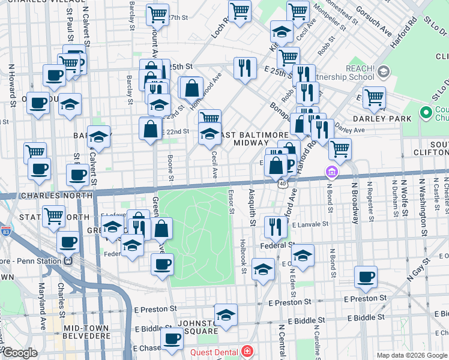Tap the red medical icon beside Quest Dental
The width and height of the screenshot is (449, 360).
(x=246, y=351)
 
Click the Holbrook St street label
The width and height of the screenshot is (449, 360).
(x=244, y=256)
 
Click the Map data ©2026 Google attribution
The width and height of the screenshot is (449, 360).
(x=411, y=355)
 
